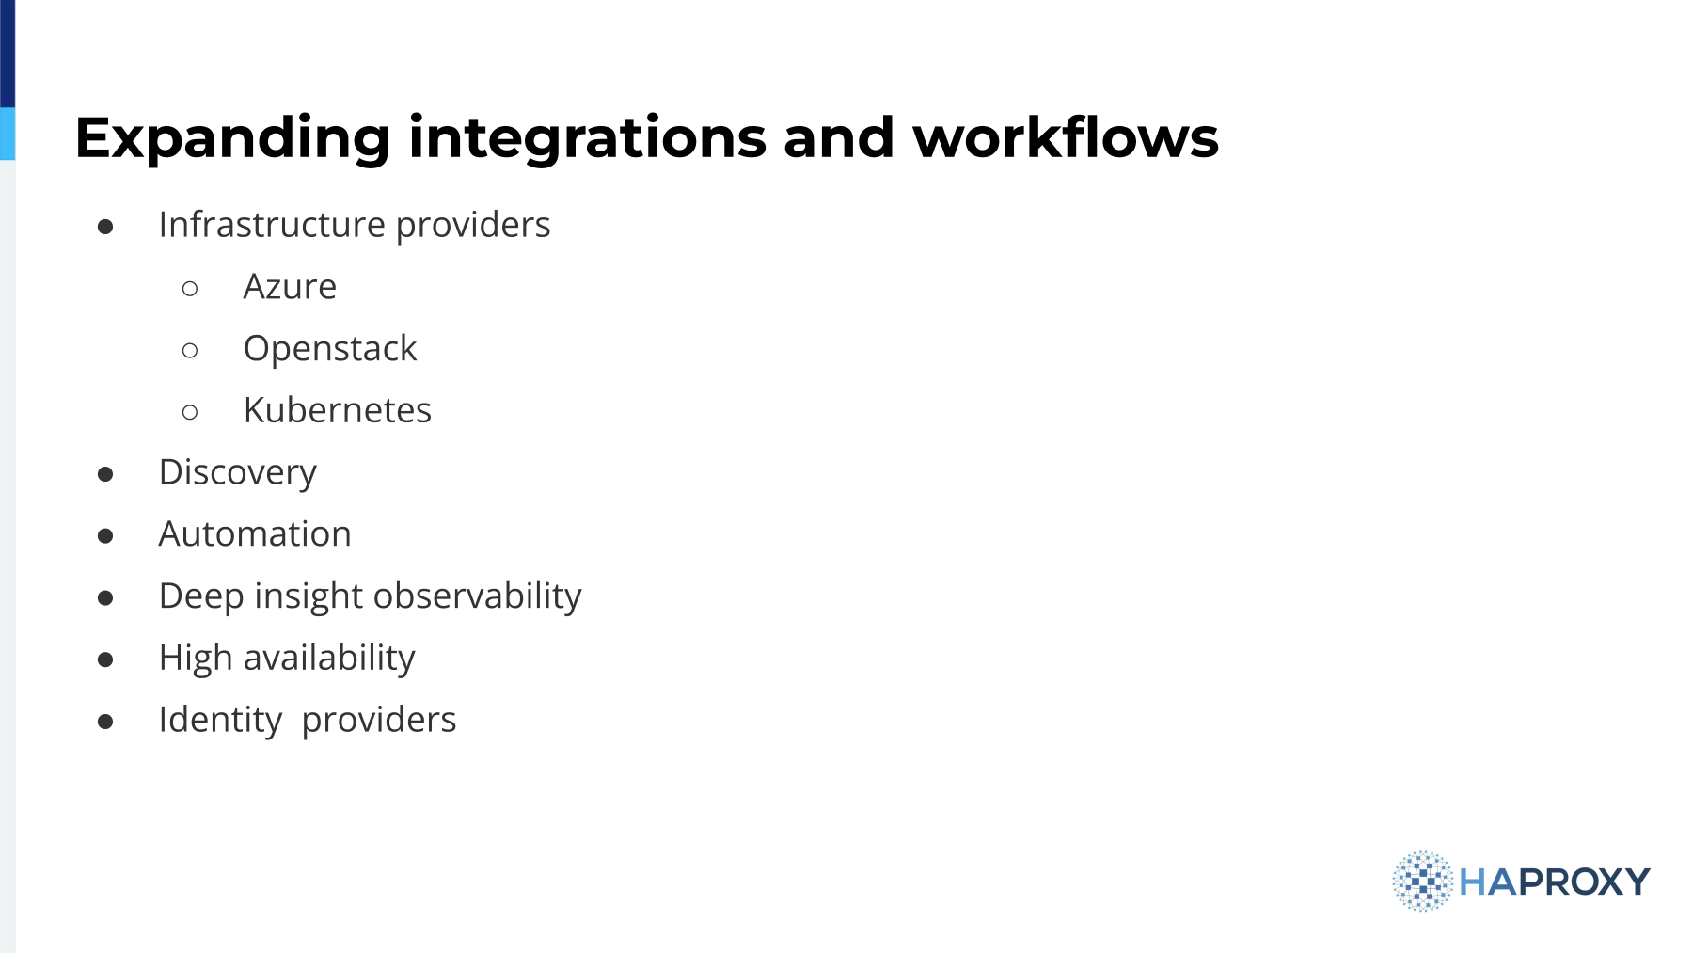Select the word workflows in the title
[1065, 136]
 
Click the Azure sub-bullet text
[290, 286]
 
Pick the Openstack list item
[329, 349]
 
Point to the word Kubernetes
[337, 410]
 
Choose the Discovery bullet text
[238, 473]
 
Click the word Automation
[255, 534]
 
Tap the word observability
[477, 596]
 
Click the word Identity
[220, 721]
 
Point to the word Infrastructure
[272, 225]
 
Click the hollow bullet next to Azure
[190, 288]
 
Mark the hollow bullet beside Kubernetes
[190, 412]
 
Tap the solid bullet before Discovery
[105, 474]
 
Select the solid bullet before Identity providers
[105, 722]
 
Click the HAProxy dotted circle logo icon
[1423, 882]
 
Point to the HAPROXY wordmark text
[1555, 882]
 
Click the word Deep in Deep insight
[201, 596]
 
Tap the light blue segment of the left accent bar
[8, 134]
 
